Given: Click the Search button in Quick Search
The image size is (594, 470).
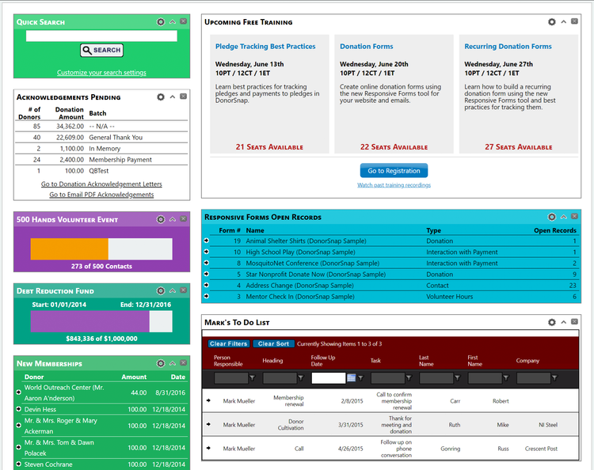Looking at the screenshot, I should (x=101, y=50).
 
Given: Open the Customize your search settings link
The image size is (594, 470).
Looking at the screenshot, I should (x=101, y=73).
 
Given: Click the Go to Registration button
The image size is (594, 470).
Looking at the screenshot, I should (x=394, y=171).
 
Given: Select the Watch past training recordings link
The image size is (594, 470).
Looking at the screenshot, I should (x=394, y=185).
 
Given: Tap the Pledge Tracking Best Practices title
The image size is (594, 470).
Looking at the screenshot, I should (x=265, y=47).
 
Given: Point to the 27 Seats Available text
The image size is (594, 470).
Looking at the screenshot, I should (x=518, y=147).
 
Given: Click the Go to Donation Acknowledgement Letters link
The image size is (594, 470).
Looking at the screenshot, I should (x=101, y=184).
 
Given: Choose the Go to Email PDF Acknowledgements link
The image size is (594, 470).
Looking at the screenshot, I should (x=101, y=195).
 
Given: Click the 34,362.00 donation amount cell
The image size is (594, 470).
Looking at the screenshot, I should (x=70, y=126).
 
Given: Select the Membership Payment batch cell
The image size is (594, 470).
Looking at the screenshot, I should (x=120, y=159).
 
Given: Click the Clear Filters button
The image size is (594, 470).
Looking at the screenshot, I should (x=229, y=344).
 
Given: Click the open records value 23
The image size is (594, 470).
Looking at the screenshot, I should (x=572, y=285).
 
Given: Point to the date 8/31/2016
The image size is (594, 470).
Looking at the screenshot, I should (x=169, y=392).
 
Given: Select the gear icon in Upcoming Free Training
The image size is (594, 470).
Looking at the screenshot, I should (x=552, y=22).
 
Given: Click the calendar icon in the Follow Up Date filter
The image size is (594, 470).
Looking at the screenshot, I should (x=351, y=378).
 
